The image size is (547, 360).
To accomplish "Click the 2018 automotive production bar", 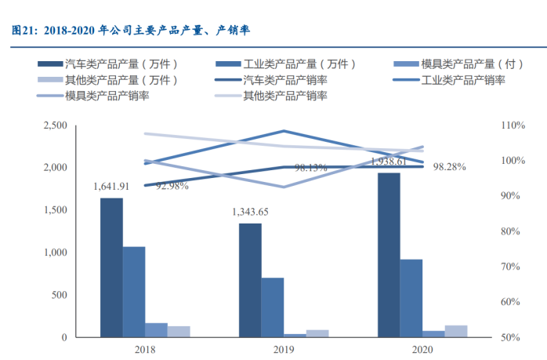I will (111, 267).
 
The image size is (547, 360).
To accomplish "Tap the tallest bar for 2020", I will (389, 255).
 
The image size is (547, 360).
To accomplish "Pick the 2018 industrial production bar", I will (134, 292).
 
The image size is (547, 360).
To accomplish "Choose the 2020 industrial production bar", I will (411, 298).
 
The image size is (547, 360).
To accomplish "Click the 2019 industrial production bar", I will (273, 307).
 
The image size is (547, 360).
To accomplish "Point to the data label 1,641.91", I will (111, 187).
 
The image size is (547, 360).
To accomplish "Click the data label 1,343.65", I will (250, 212).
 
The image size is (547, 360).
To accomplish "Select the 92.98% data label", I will (172, 186).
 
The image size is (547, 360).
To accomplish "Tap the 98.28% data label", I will (450, 166).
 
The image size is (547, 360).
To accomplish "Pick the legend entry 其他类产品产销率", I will (284, 96).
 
